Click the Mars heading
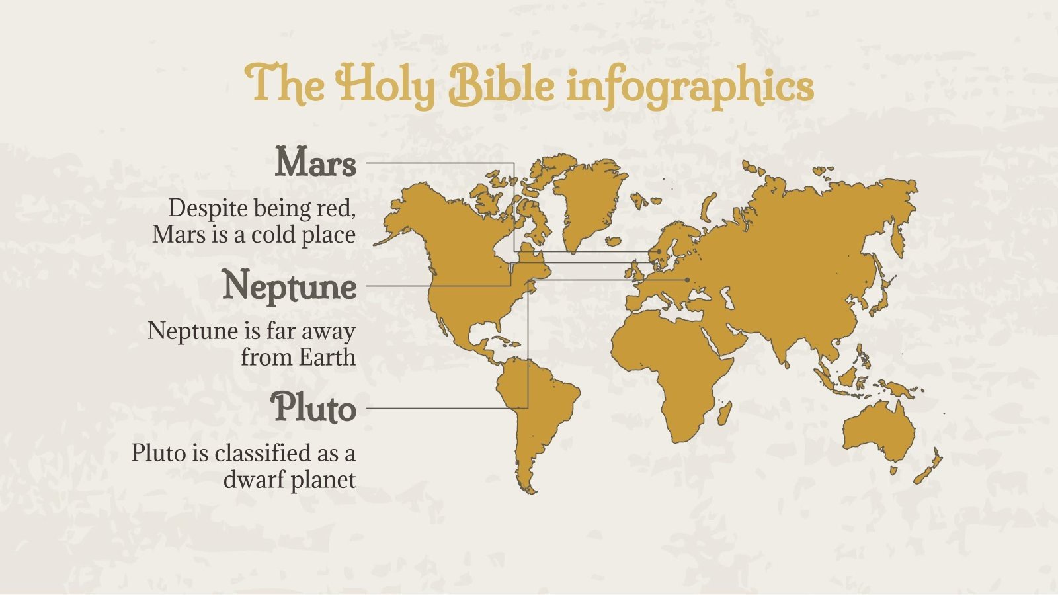point(315,163)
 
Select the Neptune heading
point(290,286)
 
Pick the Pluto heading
point(314,408)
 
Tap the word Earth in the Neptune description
point(327,357)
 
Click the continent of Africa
point(668,364)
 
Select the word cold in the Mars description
point(275,235)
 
